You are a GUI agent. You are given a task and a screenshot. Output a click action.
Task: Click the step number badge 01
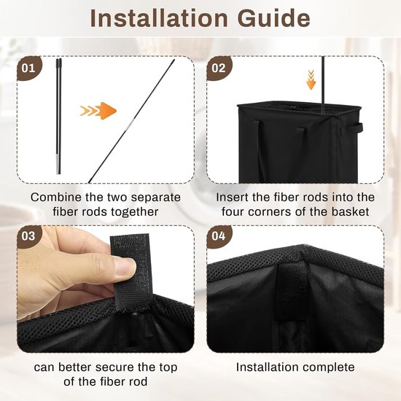coord(29,68)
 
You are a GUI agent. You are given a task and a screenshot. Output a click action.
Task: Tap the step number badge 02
coord(219,68)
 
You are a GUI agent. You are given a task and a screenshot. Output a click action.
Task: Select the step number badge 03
coord(29,236)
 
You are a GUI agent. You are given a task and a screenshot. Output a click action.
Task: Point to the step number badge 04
coord(219,236)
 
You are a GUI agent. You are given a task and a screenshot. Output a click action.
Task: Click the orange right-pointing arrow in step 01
coord(98,111)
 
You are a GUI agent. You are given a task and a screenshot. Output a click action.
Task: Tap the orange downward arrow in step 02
coord(311,79)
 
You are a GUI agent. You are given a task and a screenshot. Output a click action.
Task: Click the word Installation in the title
coord(159,18)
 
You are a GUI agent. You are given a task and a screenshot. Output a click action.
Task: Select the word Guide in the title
coord(274,18)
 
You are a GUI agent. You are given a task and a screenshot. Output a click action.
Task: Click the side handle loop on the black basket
coord(356,127)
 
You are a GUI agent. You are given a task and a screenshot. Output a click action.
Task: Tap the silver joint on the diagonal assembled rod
coord(131,122)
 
